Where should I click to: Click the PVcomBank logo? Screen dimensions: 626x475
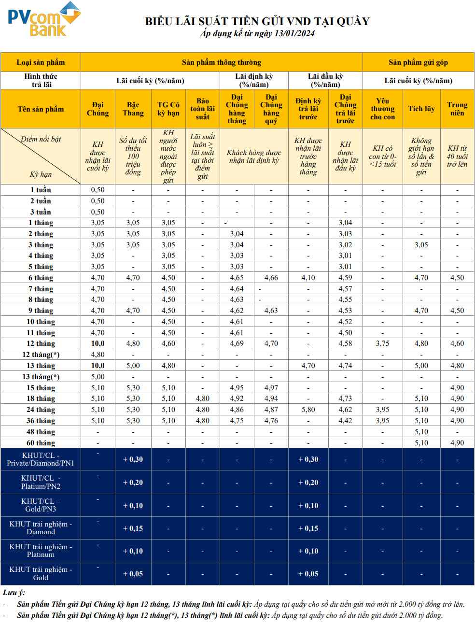click(x=43, y=19)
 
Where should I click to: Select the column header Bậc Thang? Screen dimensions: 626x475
click(x=133, y=109)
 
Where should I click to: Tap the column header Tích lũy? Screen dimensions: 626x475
click(x=421, y=109)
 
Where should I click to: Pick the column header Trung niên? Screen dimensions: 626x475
click(x=457, y=109)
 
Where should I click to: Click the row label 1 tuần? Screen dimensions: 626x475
click(x=41, y=190)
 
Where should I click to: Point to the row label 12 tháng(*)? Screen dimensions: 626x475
click(x=41, y=355)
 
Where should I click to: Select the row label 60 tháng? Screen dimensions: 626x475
click(x=41, y=443)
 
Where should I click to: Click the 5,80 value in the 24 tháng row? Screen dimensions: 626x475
click(x=308, y=410)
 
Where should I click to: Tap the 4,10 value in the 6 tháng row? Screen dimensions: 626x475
click(x=308, y=278)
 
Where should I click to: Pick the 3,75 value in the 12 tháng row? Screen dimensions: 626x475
click(x=382, y=343)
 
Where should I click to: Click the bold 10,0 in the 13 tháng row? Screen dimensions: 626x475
click(x=98, y=366)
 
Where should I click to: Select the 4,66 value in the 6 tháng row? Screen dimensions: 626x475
click(x=271, y=278)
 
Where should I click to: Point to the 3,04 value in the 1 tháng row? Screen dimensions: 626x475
click(x=345, y=223)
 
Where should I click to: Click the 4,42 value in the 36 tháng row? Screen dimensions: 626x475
click(x=345, y=421)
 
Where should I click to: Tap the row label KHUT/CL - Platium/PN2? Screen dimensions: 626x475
click(x=41, y=482)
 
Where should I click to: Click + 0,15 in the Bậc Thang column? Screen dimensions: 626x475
click(x=133, y=528)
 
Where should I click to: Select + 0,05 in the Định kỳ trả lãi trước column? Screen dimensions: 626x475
click(x=308, y=574)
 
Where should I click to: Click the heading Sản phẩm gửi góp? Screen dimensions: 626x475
click(x=418, y=62)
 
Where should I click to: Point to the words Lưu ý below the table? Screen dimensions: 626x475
click(x=14, y=593)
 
